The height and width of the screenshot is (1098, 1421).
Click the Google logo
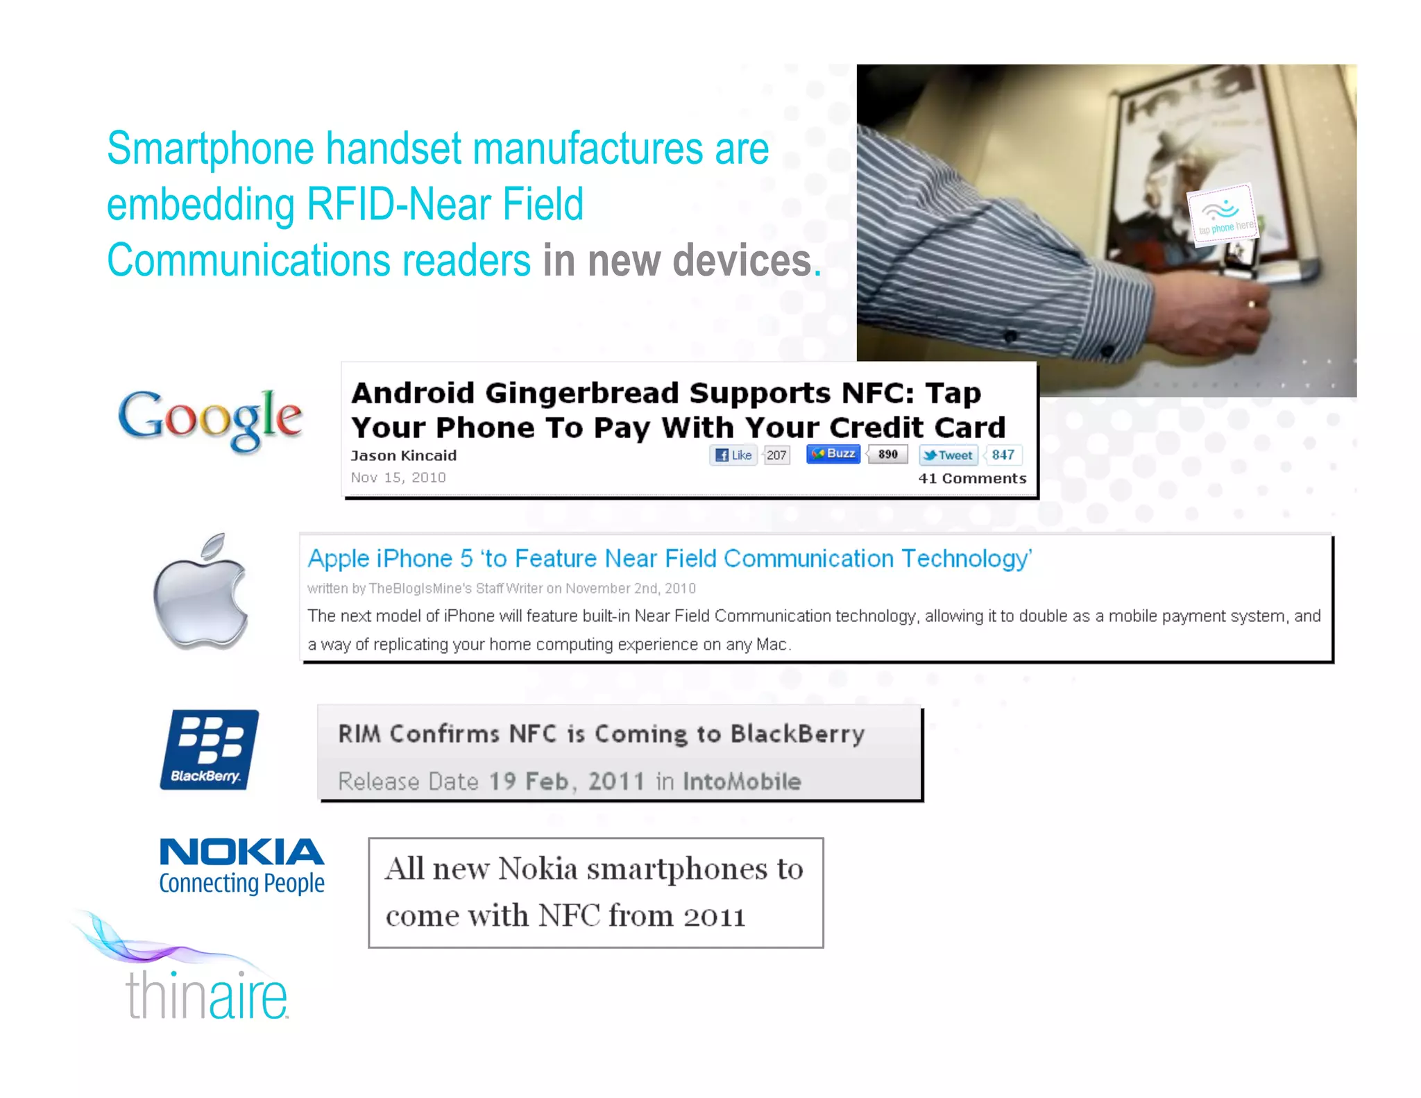(x=210, y=418)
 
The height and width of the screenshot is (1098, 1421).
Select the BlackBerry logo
(x=209, y=750)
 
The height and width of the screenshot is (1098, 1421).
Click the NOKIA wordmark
(x=241, y=852)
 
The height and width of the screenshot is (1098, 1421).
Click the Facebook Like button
(x=733, y=455)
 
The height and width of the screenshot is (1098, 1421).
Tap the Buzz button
(x=833, y=454)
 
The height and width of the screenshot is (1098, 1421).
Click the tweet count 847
(x=1003, y=455)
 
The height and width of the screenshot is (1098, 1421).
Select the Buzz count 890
(x=887, y=455)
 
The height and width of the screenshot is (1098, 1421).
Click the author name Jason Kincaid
(x=403, y=456)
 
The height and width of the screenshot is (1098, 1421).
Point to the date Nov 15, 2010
(x=398, y=478)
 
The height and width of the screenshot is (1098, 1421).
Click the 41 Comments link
(x=971, y=478)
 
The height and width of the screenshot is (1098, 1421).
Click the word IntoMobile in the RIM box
(x=741, y=782)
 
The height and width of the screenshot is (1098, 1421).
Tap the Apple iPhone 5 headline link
(x=670, y=559)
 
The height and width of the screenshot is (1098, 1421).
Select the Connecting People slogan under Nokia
(x=241, y=884)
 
